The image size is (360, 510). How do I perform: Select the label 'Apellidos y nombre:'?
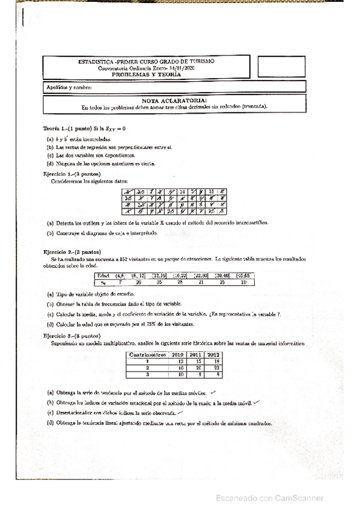pyautogui.click(x=67, y=88)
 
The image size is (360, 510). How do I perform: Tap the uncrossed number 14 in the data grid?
pyautogui.click(x=183, y=191)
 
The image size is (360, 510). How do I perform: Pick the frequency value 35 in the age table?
pyautogui.click(x=159, y=281)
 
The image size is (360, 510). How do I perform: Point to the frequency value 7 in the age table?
pyautogui.click(x=121, y=281)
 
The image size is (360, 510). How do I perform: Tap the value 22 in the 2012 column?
pyautogui.click(x=214, y=367)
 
